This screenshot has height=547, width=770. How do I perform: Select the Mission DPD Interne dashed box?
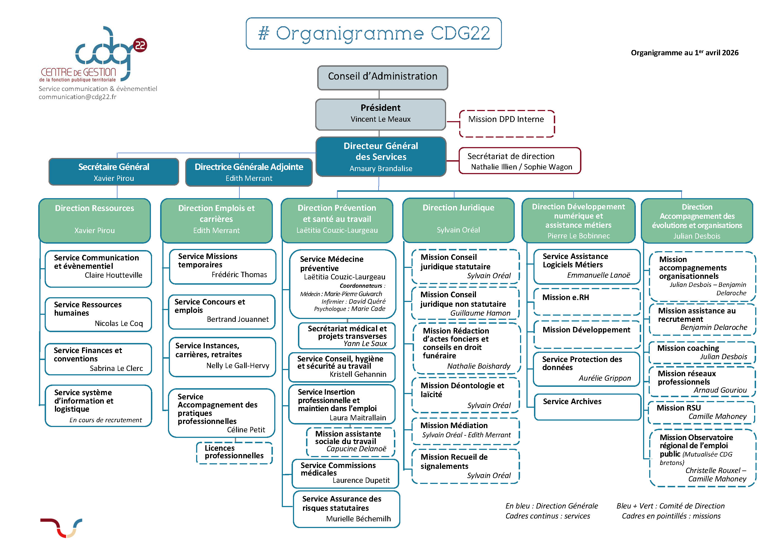[506, 123]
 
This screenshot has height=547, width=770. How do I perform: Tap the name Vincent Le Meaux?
[381, 119]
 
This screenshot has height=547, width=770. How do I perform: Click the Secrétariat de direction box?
[519, 161]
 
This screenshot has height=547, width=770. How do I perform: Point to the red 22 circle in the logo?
[140, 45]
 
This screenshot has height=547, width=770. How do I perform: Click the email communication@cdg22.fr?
[78, 97]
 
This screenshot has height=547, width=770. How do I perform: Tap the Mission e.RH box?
[586, 301]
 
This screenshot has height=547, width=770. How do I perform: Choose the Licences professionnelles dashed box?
[234, 452]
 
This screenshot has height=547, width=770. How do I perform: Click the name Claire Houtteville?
[114, 275]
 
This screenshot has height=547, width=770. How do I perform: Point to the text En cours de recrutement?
[105, 420]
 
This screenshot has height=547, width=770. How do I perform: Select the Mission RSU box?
[701, 412]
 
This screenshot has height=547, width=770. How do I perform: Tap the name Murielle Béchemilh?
[358, 519]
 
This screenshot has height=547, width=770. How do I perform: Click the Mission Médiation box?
[465, 430]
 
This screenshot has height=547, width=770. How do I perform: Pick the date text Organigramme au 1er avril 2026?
[684, 53]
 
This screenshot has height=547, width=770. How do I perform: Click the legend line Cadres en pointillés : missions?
[671, 516]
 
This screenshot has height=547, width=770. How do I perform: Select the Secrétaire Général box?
[114, 172]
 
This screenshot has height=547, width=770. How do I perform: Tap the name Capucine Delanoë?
[356, 449]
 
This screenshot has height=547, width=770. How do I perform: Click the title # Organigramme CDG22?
[374, 34]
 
